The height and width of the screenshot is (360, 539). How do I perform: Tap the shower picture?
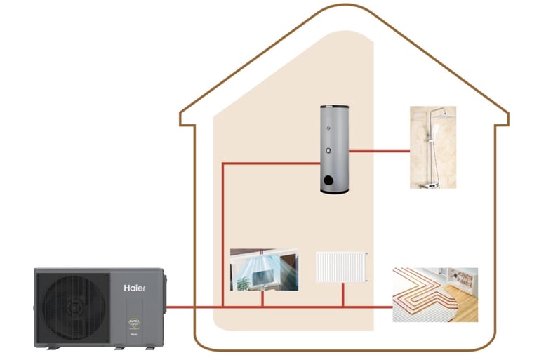[x=433, y=147]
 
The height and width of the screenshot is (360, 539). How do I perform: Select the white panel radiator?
[x=342, y=267]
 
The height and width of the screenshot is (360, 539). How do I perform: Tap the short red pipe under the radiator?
[x=343, y=295]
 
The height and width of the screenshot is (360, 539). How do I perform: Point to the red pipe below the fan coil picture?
[x=262, y=298]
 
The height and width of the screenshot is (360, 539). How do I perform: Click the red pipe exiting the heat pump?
[x=182, y=307]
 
